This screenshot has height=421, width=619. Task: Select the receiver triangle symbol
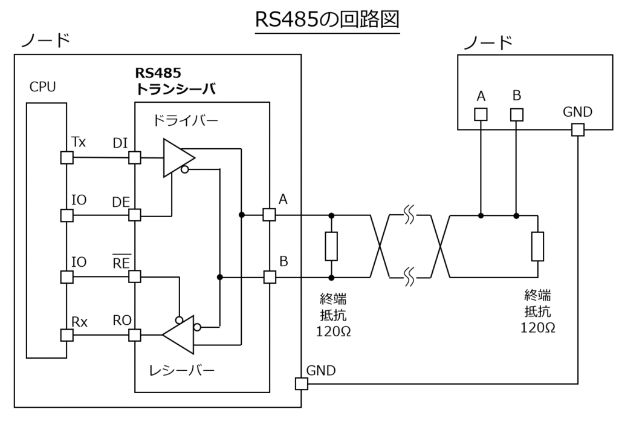point(179,334)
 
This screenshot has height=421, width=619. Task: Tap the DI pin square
point(135,158)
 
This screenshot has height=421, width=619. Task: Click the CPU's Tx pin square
point(66,158)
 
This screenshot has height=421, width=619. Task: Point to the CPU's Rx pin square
point(66,335)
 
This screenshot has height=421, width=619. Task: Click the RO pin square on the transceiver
point(135,335)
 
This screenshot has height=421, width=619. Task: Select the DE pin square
point(135,215)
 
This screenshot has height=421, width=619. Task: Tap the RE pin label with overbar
point(122,263)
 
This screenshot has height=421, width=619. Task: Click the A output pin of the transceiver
point(270,215)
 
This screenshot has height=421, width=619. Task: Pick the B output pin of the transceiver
point(270,277)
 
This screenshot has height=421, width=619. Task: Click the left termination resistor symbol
point(331,246)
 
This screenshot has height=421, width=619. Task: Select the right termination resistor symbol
point(537,246)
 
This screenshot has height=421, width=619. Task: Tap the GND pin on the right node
point(577,129)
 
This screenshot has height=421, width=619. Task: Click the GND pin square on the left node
point(300,383)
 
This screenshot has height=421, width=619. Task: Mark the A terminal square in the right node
point(480,114)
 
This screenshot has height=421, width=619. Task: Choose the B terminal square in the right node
point(516,114)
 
